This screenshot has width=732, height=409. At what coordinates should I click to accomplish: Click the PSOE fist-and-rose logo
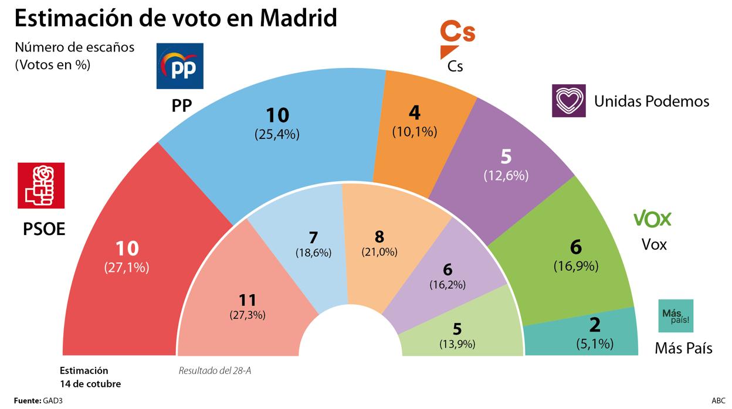41,185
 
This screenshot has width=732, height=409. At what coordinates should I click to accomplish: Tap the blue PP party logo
180,66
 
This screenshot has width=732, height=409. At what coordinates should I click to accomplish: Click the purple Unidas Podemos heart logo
568,101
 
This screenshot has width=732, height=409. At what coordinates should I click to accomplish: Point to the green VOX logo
652,219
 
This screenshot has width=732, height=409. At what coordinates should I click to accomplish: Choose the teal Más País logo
676,316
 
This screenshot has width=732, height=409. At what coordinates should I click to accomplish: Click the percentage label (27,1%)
127,268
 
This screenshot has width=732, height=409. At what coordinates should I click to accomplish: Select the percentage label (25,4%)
277,134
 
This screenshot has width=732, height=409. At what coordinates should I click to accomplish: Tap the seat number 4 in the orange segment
415,113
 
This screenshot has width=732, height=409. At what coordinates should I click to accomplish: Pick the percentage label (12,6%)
506,175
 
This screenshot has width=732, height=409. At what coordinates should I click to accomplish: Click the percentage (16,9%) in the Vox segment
576,266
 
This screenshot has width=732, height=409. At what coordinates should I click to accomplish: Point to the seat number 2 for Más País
595,324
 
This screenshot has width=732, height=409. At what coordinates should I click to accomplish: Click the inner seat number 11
248,300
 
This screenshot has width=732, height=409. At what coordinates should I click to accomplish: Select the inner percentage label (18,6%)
313,253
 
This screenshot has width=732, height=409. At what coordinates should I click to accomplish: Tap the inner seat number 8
379,237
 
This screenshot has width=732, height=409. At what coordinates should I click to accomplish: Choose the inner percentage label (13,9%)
457,344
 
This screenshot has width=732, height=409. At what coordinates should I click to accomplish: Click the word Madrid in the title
299,18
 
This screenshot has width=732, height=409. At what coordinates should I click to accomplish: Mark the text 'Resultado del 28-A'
218,370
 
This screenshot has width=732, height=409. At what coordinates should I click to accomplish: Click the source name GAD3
52,400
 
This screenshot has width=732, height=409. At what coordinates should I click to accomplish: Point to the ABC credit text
718,400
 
